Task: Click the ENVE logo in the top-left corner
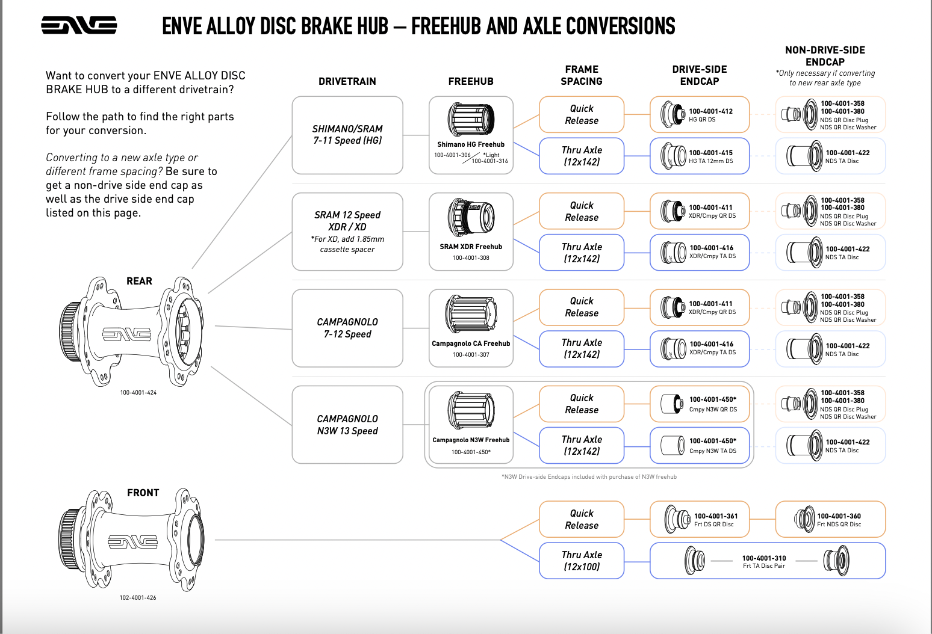click(79, 25)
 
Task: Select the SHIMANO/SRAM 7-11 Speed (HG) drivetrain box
click(347, 135)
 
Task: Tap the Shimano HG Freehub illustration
click(471, 119)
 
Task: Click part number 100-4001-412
click(710, 111)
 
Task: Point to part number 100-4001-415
click(710, 153)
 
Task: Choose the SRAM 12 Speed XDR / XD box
click(347, 232)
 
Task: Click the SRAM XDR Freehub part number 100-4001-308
click(471, 258)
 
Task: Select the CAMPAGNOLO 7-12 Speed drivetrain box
click(347, 328)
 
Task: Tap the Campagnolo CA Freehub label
click(471, 343)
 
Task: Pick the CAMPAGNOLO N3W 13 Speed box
click(347, 425)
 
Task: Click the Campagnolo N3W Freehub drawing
click(471, 410)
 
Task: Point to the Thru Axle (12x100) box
click(582, 561)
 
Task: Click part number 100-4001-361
click(716, 516)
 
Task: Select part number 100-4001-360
click(839, 516)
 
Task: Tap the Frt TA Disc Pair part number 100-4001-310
click(764, 558)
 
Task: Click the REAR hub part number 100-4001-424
click(138, 393)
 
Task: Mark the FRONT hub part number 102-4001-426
click(138, 598)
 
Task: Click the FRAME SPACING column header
click(582, 75)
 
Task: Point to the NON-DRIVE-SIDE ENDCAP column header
click(825, 56)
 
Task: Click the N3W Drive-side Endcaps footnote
click(589, 477)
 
